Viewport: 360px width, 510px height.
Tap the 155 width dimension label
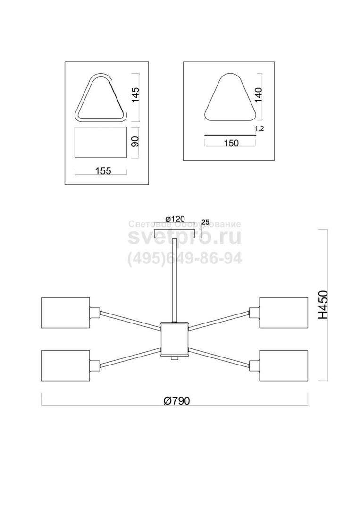point(103,170)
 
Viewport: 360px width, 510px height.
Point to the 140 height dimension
point(259,95)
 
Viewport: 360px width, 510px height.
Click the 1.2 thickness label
point(260,129)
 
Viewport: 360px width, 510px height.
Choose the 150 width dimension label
point(231,143)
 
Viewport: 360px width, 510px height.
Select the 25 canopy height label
point(205,222)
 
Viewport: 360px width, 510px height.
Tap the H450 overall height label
point(323,305)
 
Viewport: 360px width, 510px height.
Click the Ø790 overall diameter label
point(176,400)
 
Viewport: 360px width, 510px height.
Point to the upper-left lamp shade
point(65,313)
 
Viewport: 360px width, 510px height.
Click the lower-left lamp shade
point(65,365)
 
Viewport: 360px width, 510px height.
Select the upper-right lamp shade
point(283,313)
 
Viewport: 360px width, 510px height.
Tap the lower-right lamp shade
point(283,365)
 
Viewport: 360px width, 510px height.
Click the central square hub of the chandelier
point(175,339)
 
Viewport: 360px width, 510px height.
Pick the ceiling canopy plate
point(175,234)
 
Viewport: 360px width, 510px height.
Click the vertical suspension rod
point(175,280)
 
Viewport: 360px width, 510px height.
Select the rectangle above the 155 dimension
point(100,142)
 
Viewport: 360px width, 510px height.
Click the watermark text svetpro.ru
point(184,238)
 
